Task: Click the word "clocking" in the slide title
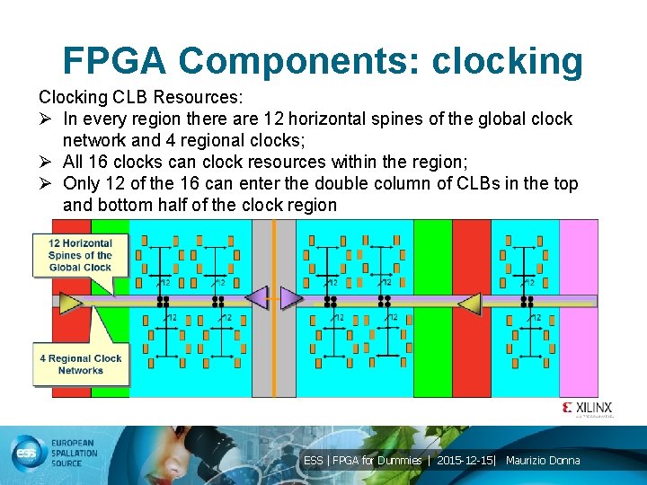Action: pos(507,60)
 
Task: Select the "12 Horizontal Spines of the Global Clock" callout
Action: pos(80,255)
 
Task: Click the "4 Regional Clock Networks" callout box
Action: pos(81,364)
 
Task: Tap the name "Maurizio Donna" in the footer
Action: pos(543,461)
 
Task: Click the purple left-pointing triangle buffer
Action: pos(257,296)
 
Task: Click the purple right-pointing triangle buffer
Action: pos(290,296)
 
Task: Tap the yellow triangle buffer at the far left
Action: pos(70,303)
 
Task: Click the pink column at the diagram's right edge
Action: pos(578,305)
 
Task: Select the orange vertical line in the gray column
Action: pos(274,359)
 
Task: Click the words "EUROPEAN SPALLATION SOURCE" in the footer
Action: pos(82,454)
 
